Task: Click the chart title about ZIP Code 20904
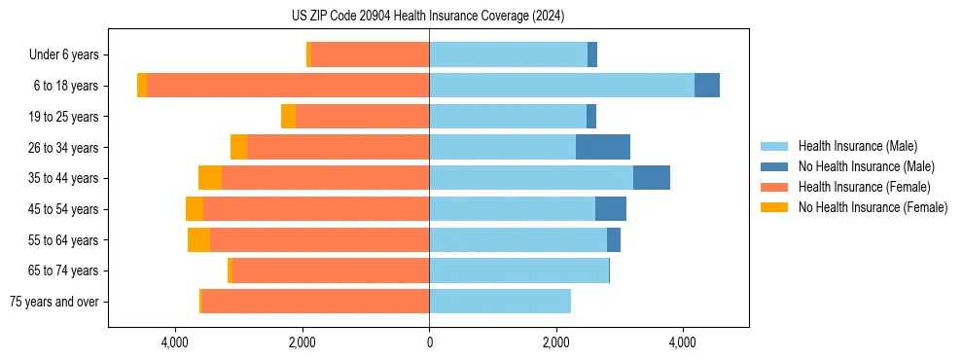[428, 16]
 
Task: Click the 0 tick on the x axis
[429, 342]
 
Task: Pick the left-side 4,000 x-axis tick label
[175, 342]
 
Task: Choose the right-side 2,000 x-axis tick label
[555, 342]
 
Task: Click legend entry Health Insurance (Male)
[857, 146]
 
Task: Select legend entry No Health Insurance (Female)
[873, 207]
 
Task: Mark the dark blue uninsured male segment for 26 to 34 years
[603, 147]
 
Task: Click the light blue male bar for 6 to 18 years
[561, 86]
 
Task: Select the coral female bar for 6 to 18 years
[288, 86]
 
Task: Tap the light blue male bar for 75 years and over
[500, 302]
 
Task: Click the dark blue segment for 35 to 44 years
[652, 178]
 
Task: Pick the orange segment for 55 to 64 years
[198, 239]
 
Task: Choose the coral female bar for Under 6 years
[371, 55]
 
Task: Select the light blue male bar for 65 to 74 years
[518, 270]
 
